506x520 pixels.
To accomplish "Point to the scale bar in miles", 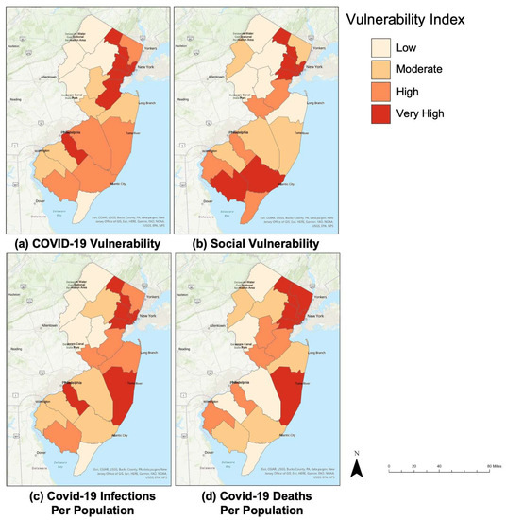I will (x=444, y=467).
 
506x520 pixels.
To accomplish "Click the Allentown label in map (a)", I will (x=49, y=76).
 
